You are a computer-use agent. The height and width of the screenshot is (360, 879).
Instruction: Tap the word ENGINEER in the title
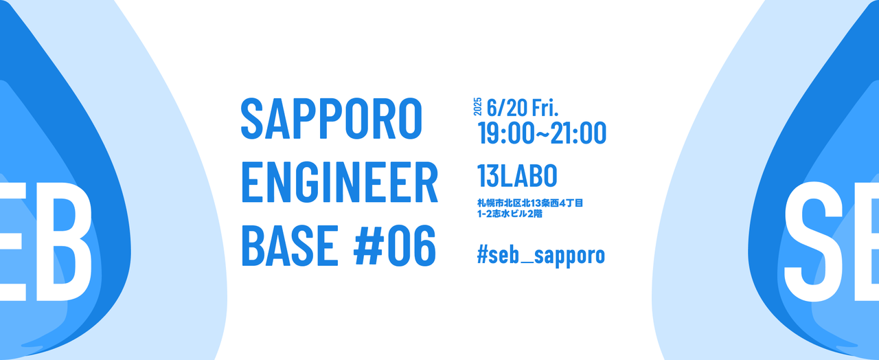pos(339,182)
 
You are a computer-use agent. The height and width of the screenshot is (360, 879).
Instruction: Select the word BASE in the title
pos(290,246)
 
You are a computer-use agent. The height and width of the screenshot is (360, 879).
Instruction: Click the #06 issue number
pos(395,246)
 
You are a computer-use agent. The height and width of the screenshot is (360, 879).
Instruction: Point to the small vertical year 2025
pos(478,106)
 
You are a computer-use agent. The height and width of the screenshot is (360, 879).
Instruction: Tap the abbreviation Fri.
pos(545,107)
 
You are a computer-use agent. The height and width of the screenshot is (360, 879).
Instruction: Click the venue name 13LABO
pos(517,177)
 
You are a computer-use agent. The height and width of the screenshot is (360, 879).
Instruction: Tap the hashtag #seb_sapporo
pos(540,255)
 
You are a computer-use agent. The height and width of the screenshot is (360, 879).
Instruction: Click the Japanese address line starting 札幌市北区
pos(530,203)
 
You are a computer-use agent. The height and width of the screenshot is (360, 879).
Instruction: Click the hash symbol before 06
pos(371,246)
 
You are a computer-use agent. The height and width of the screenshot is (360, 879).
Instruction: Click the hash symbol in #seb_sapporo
pos(483,255)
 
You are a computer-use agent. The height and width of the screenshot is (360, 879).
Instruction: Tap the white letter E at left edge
pos(10,240)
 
